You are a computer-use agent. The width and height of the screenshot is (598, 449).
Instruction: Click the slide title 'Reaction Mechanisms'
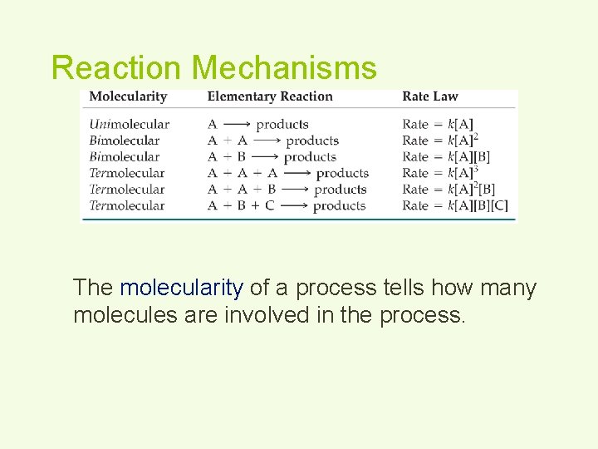click(x=213, y=67)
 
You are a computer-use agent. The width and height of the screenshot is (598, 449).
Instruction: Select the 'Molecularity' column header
click(x=128, y=96)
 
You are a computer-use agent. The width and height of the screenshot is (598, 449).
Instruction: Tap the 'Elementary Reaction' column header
click(x=270, y=96)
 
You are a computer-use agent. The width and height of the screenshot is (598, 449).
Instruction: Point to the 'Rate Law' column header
click(x=429, y=96)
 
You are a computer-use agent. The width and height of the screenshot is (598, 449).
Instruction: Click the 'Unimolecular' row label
click(x=129, y=125)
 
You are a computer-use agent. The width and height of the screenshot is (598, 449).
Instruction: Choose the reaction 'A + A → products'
click(x=273, y=141)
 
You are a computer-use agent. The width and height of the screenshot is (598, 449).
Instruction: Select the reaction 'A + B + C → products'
click(x=287, y=205)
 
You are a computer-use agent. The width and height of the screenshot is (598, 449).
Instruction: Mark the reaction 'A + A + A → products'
click(x=287, y=173)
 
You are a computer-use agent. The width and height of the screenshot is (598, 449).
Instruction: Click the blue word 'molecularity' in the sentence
click(x=181, y=289)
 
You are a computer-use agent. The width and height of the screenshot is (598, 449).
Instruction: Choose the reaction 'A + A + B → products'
click(x=287, y=190)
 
